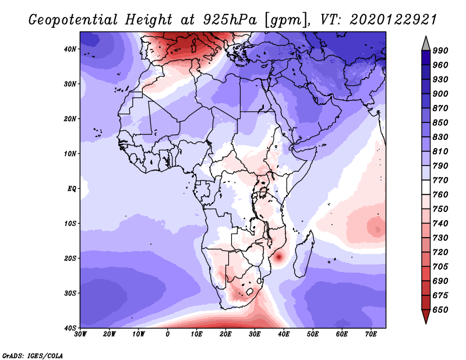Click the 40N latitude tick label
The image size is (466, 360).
[70, 49]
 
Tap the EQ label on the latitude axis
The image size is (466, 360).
[72, 189]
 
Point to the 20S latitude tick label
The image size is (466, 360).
[70, 258]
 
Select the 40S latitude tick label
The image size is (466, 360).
[70, 328]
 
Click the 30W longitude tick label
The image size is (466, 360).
[80, 334]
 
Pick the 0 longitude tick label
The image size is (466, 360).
[167, 334]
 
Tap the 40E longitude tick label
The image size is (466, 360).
[284, 334]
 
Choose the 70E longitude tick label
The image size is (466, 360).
[370, 334]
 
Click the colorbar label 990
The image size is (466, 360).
[440, 51]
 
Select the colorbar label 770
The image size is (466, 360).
[440, 180]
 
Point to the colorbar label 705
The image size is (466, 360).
[440, 267]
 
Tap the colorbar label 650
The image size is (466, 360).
[440, 310]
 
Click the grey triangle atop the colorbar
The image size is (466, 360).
[426, 44]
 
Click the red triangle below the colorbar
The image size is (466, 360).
[426, 316]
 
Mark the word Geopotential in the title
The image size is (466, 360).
[73, 20]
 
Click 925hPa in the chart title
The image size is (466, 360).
[230, 20]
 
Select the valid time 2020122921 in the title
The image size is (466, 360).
[393, 20]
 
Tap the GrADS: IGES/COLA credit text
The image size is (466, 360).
[33, 355]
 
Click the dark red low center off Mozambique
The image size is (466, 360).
[279, 257]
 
